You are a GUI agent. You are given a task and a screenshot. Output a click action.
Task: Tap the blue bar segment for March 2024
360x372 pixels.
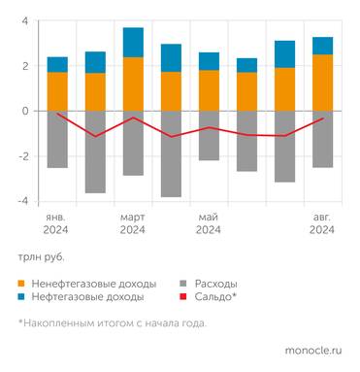[x=133, y=42]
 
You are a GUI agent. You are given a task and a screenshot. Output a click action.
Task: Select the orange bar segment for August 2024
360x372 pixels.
[x=322, y=83]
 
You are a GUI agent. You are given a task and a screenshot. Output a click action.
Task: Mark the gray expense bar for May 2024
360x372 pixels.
[x=209, y=135]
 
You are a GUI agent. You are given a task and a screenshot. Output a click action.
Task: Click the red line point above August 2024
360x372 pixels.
[x=322, y=118]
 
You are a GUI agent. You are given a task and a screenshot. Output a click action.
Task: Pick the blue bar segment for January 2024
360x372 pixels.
[x=57, y=64]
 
